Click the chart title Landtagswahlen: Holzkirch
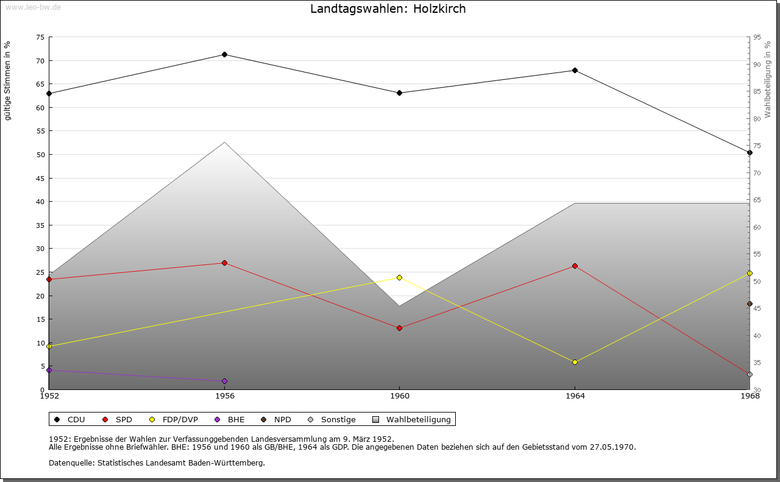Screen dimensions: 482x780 [388, 9]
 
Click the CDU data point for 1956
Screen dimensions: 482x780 [224, 55]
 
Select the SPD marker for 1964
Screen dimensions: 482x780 [575, 266]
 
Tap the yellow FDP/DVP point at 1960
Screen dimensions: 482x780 [399, 278]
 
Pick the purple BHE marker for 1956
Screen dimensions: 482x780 [224, 381]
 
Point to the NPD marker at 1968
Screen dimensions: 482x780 [750, 304]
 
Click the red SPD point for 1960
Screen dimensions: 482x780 [399, 328]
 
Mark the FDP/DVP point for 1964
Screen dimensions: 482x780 [575, 363]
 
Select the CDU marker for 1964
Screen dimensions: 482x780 [575, 71]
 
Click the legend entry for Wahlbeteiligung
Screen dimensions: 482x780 [413, 420]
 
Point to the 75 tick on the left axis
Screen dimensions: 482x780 [40, 37]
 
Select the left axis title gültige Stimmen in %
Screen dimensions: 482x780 [8, 80]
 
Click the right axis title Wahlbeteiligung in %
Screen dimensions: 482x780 [768, 80]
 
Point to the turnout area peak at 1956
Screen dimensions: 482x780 [224, 143]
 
